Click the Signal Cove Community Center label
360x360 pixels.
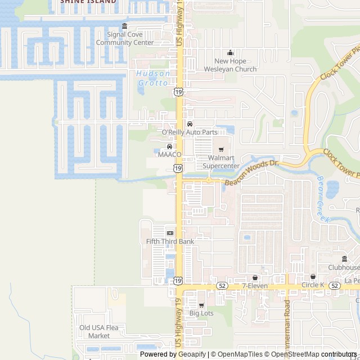pyautogui.click(x=124, y=38)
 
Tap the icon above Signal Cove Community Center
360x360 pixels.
pyautogui.click(x=124, y=26)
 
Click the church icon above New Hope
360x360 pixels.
pyautogui.click(x=229, y=53)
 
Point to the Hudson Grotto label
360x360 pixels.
pyautogui.click(x=152, y=78)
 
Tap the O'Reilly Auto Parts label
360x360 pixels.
pyautogui.click(x=190, y=132)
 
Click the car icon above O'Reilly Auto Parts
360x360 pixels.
pyautogui.click(x=190, y=124)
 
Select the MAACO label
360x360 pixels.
pyautogui.click(x=169, y=154)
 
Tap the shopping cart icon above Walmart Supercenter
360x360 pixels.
pyautogui.click(x=221, y=150)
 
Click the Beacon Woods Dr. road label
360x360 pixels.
pyautogui.click(x=252, y=172)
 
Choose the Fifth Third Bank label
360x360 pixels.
pyautogui.click(x=170, y=241)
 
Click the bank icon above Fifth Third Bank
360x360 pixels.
pyautogui.click(x=170, y=233)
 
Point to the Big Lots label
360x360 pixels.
pyautogui.click(x=201, y=313)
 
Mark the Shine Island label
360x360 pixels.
pyautogui.click(x=88, y=2)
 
